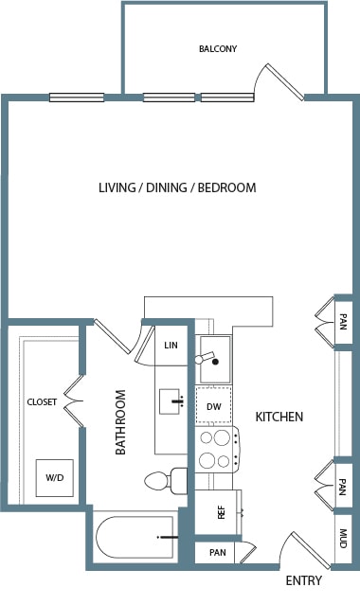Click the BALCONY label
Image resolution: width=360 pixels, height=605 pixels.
coord(218,49)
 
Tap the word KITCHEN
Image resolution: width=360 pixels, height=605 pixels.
coord(279,417)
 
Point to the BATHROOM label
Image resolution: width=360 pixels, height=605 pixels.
coord(121,422)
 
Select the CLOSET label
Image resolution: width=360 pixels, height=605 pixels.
coord(42,402)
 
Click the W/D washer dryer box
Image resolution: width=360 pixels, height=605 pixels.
coord(55,478)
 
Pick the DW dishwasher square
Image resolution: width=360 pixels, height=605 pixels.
coord(213,406)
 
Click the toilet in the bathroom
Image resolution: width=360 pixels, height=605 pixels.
coord(166,481)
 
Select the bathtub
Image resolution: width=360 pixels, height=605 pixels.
coord(135,537)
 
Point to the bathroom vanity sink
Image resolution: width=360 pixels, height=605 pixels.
coord(170,401)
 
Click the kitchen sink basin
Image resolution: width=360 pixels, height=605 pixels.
coord(215,360)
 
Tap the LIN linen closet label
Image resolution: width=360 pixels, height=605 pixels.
coord(171,345)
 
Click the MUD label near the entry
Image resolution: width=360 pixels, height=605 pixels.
coord(343,539)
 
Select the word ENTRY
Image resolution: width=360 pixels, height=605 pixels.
coord(303,580)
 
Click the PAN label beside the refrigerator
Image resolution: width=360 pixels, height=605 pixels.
coord(218,553)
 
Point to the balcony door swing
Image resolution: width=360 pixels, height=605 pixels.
coord(279,81)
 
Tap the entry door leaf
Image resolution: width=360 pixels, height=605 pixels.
coord(311,551)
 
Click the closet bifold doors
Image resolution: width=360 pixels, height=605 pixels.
coord(74,401)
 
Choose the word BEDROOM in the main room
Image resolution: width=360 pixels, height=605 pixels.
coord(226,187)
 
